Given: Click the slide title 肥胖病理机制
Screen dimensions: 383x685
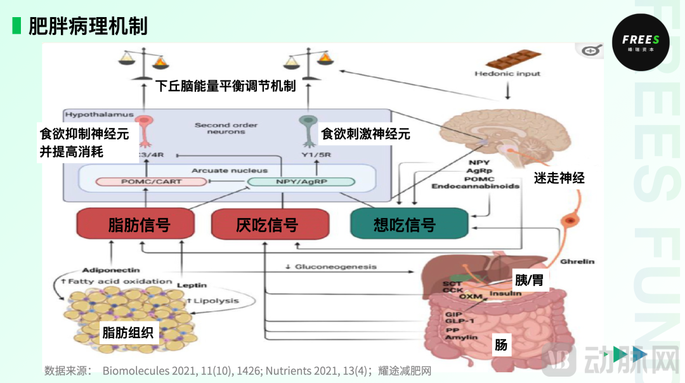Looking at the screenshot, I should [x=88, y=26].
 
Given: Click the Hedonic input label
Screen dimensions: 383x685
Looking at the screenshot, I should [x=507, y=74].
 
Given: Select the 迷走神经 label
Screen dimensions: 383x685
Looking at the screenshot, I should [x=559, y=178].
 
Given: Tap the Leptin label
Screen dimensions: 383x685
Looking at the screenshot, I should [x=192, y=285].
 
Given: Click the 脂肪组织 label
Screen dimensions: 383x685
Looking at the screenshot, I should [x=127, y=332].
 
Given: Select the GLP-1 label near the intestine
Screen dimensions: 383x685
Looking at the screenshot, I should [x=458, y=321].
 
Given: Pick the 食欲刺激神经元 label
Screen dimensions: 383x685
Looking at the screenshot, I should [x=365, y=134].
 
